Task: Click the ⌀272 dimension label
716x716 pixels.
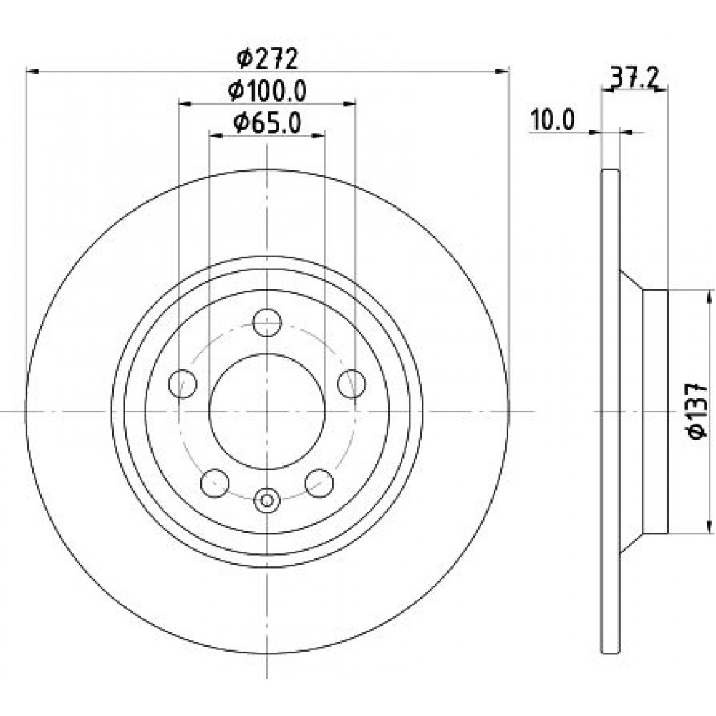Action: tap(268, 59)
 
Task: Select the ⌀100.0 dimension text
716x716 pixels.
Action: tap(267, 92)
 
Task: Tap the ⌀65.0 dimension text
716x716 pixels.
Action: tap(267, 123)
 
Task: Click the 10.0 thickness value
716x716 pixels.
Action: tap(552, 120)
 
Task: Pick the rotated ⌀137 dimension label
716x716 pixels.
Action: tap(697, 411)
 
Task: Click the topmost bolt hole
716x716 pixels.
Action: tap(267, 322)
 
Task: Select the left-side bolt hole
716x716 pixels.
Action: tap(183, 384)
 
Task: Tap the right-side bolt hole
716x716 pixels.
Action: tap(352, 384)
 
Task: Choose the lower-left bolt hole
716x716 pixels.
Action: tap(215, 483)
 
